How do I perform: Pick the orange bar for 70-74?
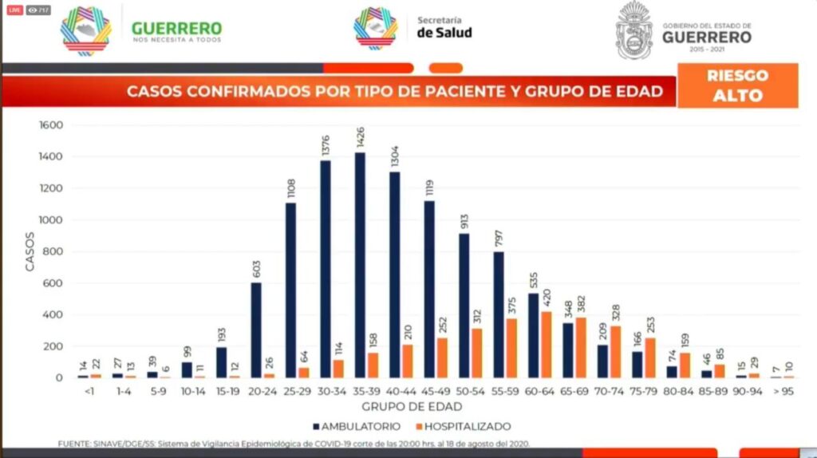coord(615,352)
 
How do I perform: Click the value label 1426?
coord(360,136)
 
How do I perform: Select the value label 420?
coord(547,297)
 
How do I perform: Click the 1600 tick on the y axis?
coord(50,125)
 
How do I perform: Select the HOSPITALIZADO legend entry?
coord(464,427)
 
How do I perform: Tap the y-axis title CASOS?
coord(30,251)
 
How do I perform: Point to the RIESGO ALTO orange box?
coord(736,85)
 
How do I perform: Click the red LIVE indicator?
coord(14,10)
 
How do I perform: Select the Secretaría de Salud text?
coord(444,27)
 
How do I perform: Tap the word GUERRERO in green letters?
coord(176,28)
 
